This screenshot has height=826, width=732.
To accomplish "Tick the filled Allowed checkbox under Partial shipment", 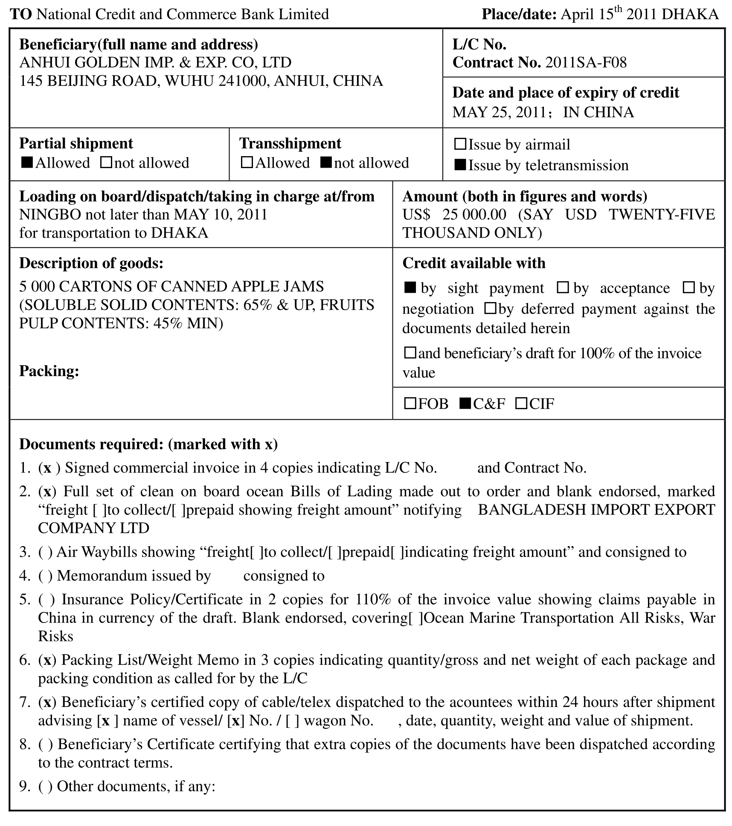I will [x=27, y=163].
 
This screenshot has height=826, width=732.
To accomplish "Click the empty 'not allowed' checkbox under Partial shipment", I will [x=106, y=163].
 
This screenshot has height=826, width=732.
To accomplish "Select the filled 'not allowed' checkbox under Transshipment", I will [x=326, y=163].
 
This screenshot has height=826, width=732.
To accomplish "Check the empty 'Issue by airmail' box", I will [x=460, y=144].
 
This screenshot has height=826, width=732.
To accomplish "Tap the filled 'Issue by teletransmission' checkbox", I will [x=460, y=165].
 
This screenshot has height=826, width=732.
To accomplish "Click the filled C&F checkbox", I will [x=465, y=403].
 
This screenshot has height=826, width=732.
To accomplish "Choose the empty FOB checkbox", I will [x=410, y=403].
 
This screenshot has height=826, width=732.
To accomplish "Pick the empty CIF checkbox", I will [x=521, y=403].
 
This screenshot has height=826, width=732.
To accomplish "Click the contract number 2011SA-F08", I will [x=586, y=63].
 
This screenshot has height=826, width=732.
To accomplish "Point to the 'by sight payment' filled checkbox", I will [x=410, y=288].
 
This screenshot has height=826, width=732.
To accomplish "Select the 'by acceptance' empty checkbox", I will [x=563, y=288].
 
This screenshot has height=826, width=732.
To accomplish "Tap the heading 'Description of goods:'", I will [x=91, y=263].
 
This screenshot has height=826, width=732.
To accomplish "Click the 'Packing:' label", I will [x=49, y=371].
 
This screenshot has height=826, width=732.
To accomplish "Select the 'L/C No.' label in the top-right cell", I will [x=479, y=44].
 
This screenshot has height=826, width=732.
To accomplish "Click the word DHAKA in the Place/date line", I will [x=690, y=15].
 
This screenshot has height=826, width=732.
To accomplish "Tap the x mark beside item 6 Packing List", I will [x=47, y=660].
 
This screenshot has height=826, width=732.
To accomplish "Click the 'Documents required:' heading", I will [x=91, y=444].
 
